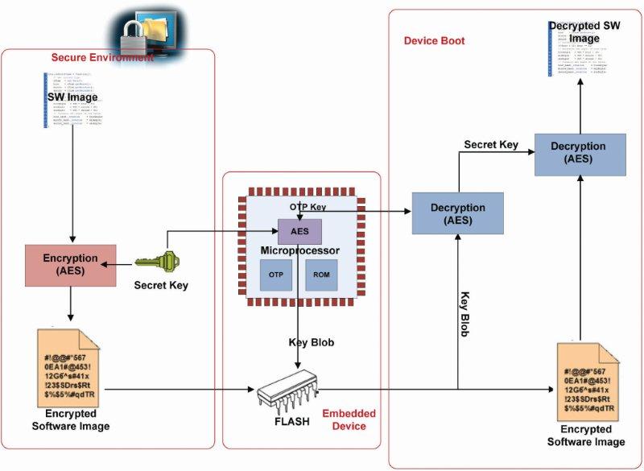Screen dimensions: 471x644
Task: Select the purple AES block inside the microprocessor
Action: pos(299,232)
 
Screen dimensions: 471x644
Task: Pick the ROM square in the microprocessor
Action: pos(321,276)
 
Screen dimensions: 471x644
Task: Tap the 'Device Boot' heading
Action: pos(434,41)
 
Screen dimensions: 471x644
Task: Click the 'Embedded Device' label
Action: pos(349,419)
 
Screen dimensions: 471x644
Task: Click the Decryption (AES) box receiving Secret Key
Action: pos(570,152)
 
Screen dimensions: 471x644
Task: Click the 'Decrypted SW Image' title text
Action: pos(584,31)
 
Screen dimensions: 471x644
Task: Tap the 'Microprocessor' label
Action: pos(299,250)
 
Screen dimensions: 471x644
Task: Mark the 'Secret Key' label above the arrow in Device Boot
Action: pos(491,145)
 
